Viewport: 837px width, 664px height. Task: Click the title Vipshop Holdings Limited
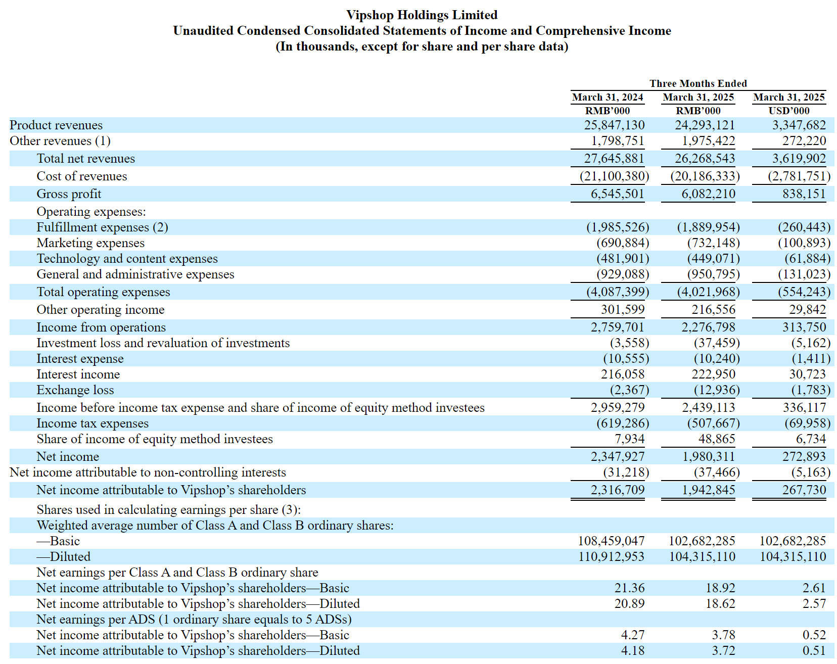pos(422,15)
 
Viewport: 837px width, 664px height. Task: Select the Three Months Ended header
pos(698,83)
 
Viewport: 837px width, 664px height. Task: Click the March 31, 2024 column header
pos(608,97)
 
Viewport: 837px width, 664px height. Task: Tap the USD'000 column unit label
pos(789,111)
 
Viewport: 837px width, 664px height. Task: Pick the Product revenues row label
pos(56,125)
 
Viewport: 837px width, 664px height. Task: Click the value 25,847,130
pos(615,125)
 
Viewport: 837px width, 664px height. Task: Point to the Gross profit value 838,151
pos(804,194)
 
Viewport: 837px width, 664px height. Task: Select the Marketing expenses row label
pos(90,243)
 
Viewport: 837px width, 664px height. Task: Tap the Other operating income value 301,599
pos(623,309)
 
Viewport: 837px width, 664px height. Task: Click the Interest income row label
pos(78,374)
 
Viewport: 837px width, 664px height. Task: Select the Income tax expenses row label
pos(92,423)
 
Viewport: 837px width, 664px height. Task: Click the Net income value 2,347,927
pos(618,456)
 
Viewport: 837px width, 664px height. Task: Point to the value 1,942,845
pos(709,490)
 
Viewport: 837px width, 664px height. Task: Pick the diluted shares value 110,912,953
pos(612,556)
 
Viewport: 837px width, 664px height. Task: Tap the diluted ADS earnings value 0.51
pos(814,650)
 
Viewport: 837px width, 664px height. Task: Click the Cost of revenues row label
pos(82,176)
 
